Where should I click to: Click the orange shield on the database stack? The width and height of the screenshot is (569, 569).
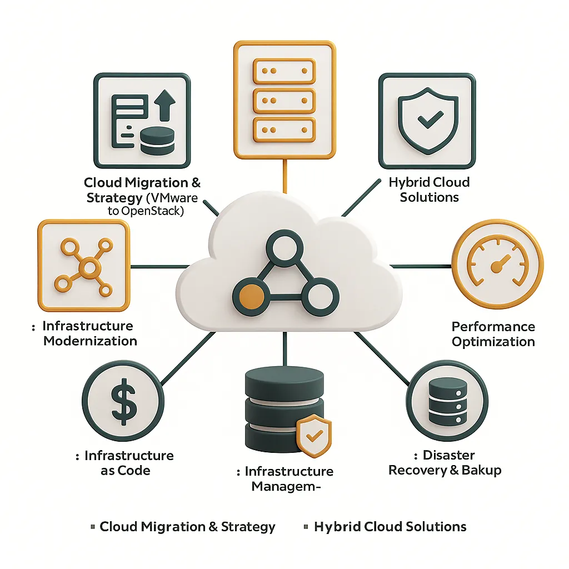point(313,436)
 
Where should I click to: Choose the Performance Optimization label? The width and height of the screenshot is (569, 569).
point(493,334)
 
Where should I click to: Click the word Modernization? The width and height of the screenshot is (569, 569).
point(90,341)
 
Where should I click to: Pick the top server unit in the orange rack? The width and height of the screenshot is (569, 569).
point(284,72)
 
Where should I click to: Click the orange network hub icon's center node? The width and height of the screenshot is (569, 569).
point(83,268)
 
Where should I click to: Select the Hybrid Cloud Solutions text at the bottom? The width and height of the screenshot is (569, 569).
point(390,527)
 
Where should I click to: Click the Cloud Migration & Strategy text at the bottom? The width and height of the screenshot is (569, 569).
point(187,527)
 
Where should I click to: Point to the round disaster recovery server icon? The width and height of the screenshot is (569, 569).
point(447,400)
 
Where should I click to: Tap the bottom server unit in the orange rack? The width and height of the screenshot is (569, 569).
point(284,129)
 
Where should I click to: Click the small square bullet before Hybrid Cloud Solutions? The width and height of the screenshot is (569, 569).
point(306,526)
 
